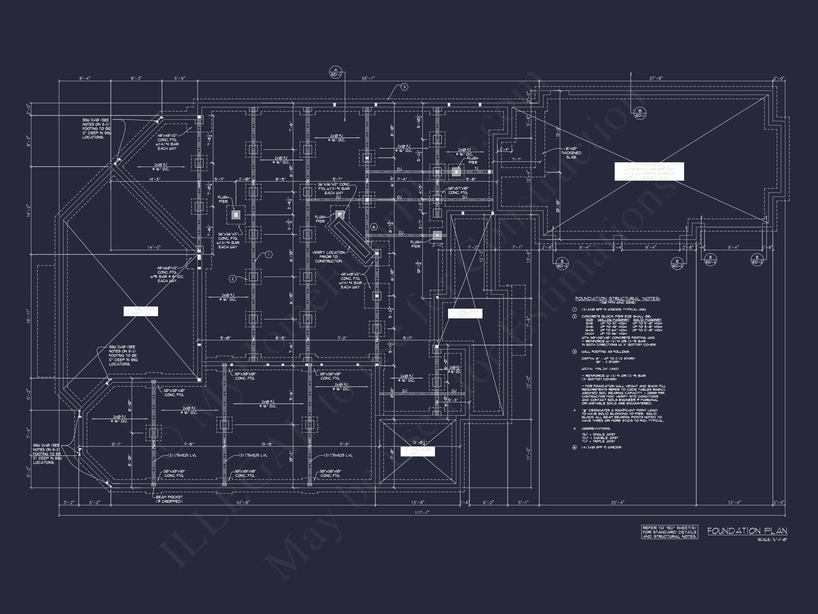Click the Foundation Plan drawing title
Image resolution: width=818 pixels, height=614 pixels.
[747, 531]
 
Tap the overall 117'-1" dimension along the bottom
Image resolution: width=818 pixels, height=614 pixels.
[422, 513]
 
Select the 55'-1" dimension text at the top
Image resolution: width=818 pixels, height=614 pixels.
[368, 79]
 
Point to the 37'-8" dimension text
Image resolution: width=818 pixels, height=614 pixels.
[656, 79]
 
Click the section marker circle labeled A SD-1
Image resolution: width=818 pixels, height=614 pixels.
[336, 72]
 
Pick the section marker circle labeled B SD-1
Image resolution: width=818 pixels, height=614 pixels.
[640, 113]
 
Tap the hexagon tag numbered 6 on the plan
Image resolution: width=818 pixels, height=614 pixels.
[374, 227]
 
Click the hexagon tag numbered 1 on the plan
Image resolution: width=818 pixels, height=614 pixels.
[269, 255]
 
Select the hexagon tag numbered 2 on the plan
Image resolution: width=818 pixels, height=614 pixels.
[233, 279]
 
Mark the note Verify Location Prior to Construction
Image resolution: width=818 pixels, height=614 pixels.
[328, 257]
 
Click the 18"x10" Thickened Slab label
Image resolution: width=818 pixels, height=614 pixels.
[571, 153]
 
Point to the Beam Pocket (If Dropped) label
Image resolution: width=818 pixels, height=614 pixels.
[169, 499]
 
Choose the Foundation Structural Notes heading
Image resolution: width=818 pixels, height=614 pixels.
[617, 299]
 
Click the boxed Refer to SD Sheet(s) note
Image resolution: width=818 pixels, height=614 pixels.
[669, 532]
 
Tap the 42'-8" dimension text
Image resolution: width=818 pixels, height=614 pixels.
[243, 502]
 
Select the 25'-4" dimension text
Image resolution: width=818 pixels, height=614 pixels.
[617, 502]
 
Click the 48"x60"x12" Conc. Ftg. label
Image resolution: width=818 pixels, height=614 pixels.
[167, 274]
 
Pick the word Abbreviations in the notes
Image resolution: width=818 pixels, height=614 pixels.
[595, 429]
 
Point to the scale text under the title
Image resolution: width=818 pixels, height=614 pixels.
[772, 540]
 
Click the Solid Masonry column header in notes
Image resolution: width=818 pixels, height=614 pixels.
[647, 320]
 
